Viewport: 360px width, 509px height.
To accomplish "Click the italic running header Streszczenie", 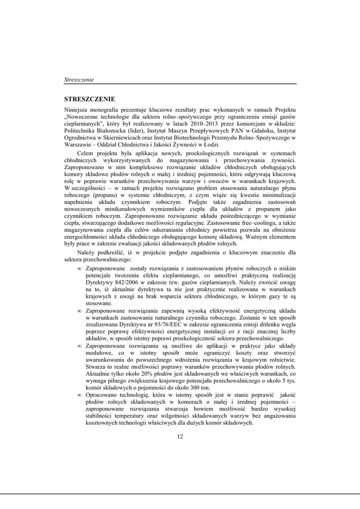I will click(x=79, y=80).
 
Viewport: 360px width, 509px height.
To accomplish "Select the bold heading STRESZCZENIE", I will click(x=90, y=99).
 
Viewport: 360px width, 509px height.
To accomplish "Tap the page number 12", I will click(x=180, y=436).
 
